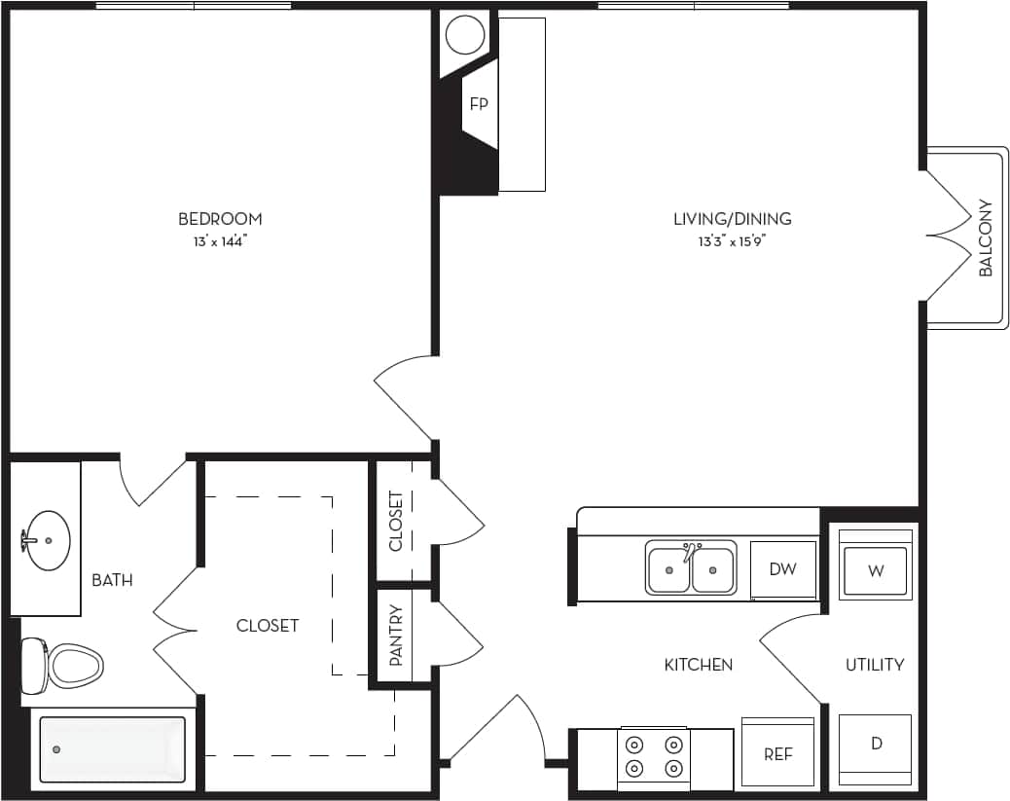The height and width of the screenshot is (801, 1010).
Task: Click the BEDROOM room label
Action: [x=220, y=219]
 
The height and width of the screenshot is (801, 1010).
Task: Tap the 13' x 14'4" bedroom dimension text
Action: [x=220, y=242]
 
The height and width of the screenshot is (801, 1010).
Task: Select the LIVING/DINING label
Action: [x=732, y=219]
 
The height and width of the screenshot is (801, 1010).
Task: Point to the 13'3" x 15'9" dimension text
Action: [x=732, y=242]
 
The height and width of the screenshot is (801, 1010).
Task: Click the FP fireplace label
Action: [x=479, y=104]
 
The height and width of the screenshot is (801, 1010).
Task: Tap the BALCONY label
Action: [x=985, y=238]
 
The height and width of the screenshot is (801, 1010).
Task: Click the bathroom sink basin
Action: [x=47, y=540]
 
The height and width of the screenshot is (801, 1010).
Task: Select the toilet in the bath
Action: [x=68, y=667]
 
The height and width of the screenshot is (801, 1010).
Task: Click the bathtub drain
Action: [x=56, y=749]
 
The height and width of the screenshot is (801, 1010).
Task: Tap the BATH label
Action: [x=112, y=580]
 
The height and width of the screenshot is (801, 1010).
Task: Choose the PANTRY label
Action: [x=396, y=635]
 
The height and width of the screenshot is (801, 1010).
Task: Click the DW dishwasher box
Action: [x=782, y=569]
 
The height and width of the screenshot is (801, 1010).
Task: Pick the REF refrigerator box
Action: [x=777, y=753]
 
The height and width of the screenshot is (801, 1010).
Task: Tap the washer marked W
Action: [x=876, y=570]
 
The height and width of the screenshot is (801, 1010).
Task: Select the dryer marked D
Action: [x=876, y=745]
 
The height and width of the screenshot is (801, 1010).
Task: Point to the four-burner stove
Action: [x=654, y=756]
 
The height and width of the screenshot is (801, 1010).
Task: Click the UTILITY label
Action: [x=874, y=665]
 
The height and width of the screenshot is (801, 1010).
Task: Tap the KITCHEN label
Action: [x=698, y=665]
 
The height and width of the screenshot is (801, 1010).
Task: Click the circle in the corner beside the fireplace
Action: [x=464, y=36]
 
